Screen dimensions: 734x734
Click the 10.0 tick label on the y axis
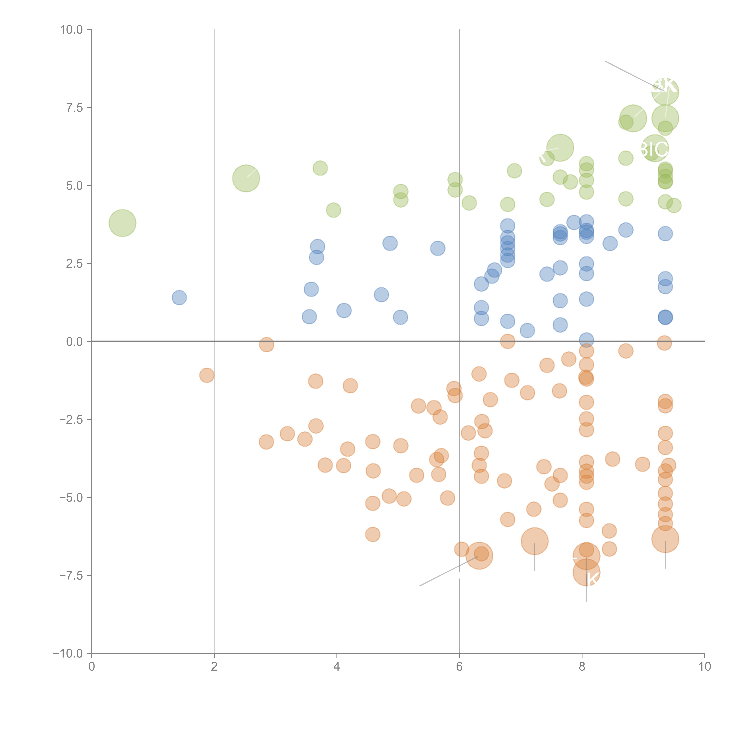pos(71,30)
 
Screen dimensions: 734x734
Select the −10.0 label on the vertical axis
pos(68,653)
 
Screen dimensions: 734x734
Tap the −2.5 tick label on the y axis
pos(71,419)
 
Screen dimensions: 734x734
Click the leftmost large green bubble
pos(122,223)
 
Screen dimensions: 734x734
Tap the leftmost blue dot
pos(179,297)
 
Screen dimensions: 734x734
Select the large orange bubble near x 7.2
pos(534,541)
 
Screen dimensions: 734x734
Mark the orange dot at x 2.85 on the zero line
pos(267,345)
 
